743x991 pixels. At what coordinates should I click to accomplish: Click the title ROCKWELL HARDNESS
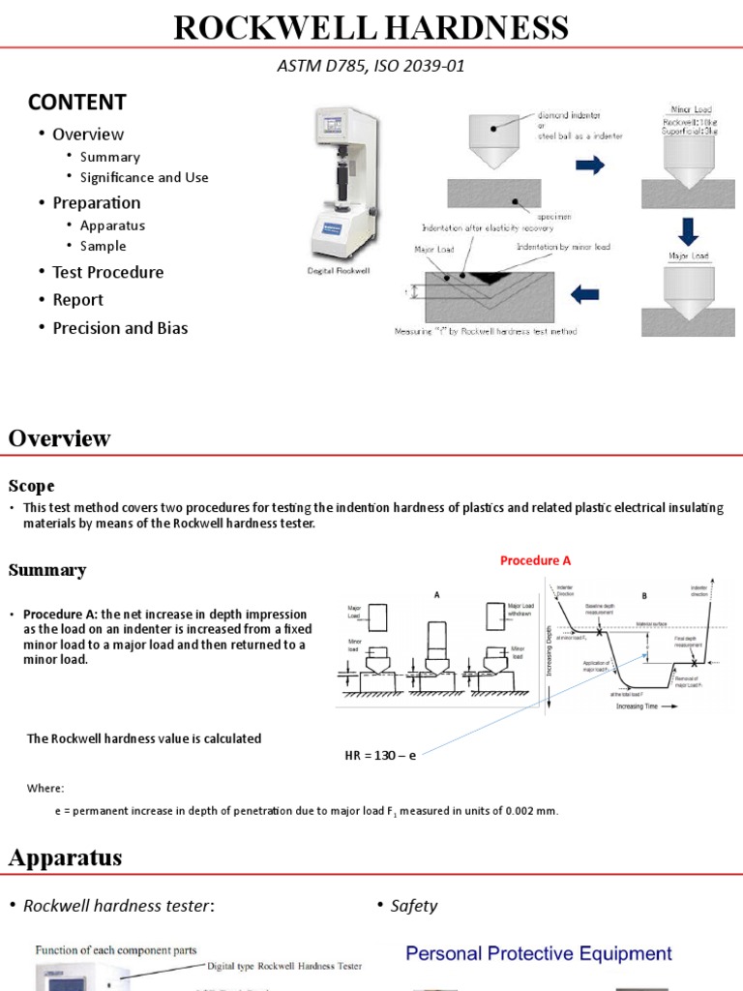coord(371,28)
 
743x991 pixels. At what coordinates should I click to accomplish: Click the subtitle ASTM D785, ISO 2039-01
coord(371,66)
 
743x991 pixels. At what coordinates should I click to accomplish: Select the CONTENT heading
coord(77,102)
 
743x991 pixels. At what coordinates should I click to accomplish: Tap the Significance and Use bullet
coord(144,177)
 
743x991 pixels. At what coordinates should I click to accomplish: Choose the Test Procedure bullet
coord(107,272)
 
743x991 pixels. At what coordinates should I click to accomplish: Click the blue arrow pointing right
coord(589,165)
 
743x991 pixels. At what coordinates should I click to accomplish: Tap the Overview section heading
coord(60,438)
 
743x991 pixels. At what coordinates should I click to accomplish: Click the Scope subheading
coord(32,486)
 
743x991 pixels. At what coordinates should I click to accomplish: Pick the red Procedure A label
coord(535,560)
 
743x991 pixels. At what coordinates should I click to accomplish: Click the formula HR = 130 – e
coord(380,755)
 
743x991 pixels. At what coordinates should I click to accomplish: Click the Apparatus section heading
coord(66,856)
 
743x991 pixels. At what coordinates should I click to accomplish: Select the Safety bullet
coord(413,906)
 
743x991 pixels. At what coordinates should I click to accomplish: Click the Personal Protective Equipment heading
coord(538,953)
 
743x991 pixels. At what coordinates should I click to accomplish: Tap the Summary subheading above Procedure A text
coord(47,570)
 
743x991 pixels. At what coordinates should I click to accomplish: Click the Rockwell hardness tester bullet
coord(117,906)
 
